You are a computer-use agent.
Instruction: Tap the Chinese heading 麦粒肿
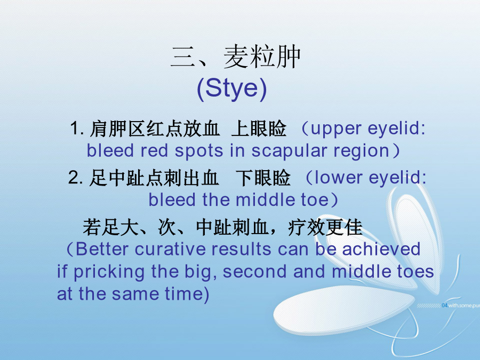pos(262,57)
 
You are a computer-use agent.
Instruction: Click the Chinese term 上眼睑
pos(259,129)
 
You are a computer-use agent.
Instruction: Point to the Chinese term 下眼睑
pos(263,178)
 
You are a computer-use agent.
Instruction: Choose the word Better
pos(102,249)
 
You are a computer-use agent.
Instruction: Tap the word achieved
pos(381,249)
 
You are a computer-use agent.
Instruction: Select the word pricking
pos(109,273)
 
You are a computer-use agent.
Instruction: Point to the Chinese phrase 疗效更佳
pos(325,227)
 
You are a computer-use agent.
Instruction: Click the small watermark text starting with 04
pos(461,306)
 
